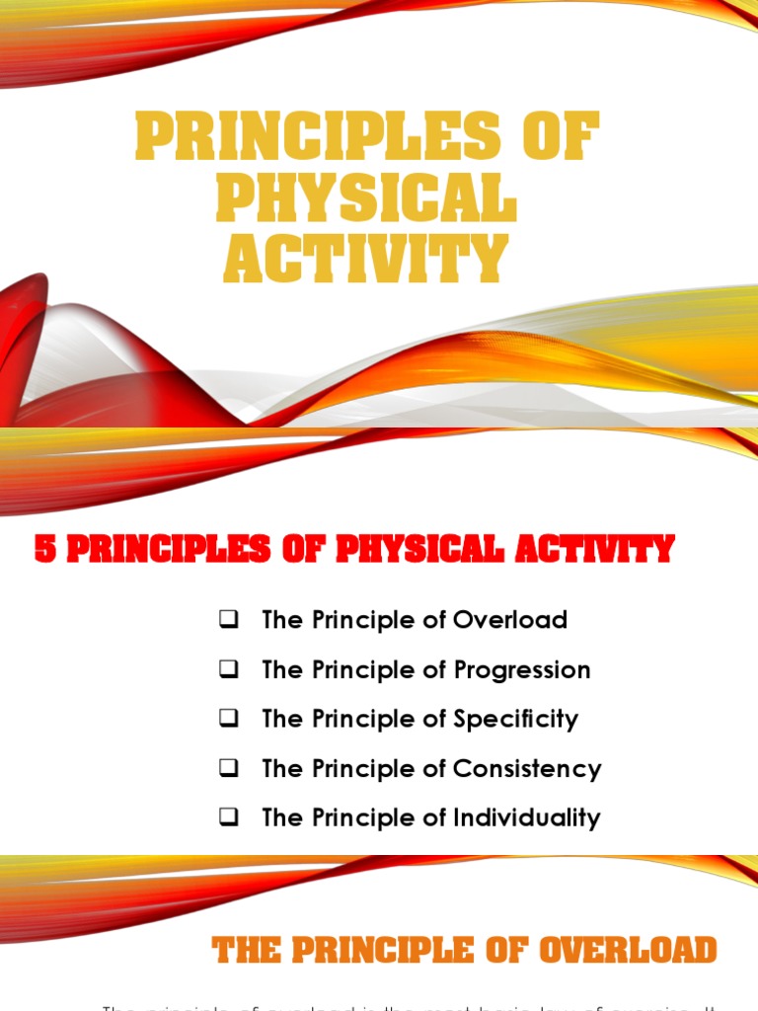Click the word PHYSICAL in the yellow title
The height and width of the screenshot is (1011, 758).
tap(366, 199)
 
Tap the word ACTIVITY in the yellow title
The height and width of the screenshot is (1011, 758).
tap(366, 260)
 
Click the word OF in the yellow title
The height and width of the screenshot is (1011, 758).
tap(560, 138)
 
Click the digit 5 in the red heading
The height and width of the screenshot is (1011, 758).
tap(44, 549)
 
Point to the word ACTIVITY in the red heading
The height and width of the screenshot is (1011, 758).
tap(595, 549)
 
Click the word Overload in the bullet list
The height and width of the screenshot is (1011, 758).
tap(510, 621)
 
